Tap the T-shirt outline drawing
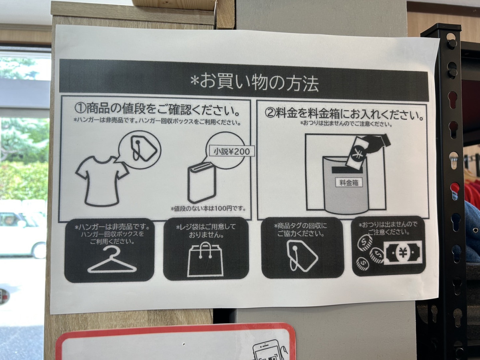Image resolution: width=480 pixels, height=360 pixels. point(102,181)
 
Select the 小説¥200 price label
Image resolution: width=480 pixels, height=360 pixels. point(232,151)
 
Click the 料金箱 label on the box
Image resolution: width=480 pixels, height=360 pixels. point(349,183)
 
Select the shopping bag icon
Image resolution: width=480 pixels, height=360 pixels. point(206,260)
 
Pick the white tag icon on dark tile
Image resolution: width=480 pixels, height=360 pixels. point(302,256)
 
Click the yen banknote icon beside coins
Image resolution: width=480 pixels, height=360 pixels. point(403,253)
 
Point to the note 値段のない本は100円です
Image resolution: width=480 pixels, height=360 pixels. point(208,208)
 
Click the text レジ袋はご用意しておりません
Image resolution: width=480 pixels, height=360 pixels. point(206,231)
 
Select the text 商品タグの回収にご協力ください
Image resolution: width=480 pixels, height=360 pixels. point(301,230)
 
